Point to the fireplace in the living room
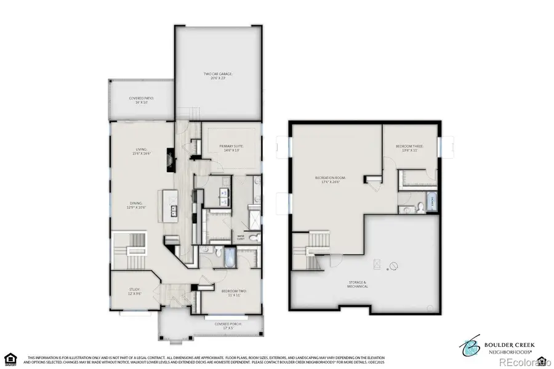pos(169,164)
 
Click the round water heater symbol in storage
pos(392,266)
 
